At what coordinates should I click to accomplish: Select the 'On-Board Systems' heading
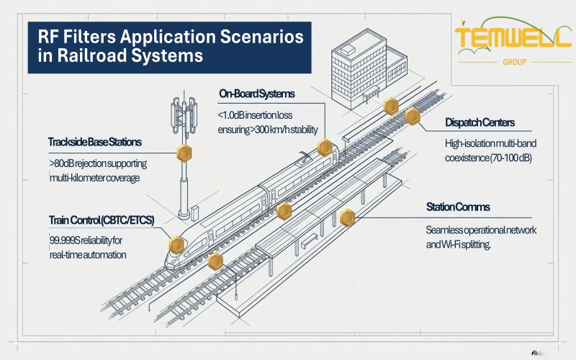(x=256, y=94)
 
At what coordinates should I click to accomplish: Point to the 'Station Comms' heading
(x=458, y=207)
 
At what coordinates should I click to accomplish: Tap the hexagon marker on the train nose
(x=174, y=246)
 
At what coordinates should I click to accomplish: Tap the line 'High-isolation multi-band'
(x=492, y=143)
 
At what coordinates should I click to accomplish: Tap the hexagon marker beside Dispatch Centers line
(x=413, y=117)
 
